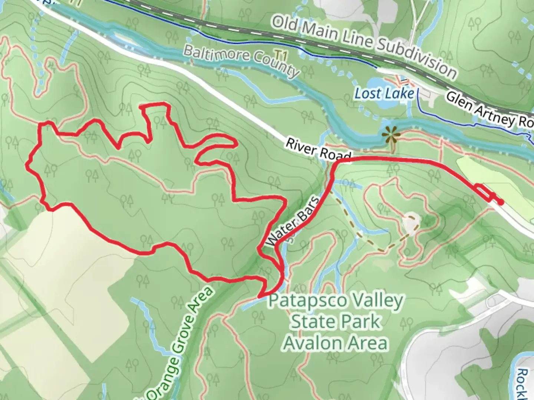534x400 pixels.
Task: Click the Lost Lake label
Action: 384,94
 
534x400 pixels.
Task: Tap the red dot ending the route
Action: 501,202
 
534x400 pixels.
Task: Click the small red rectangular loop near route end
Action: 484,192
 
